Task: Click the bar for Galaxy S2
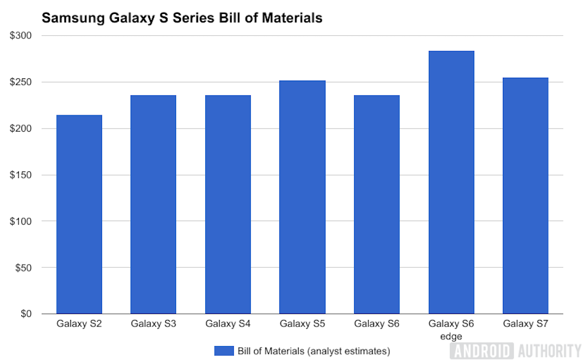(79, 214)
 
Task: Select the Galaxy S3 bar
(153, 205)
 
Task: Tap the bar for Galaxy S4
(228, 205)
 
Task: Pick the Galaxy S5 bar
(302, 197)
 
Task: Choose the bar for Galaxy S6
(377, 205)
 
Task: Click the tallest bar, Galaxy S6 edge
(451, 182)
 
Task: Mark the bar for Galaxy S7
(525, 195)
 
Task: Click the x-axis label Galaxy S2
(79, 324)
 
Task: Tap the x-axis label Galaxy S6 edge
(451, 330)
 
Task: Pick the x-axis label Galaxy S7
(525, 324)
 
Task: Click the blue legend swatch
(224, 351)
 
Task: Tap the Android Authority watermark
(516, 350)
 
